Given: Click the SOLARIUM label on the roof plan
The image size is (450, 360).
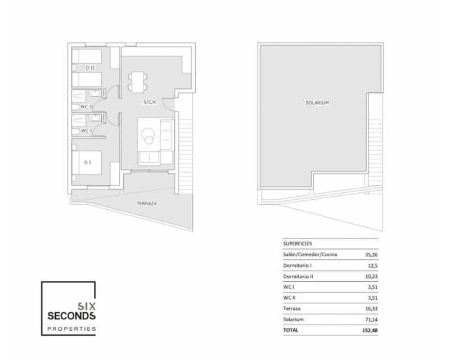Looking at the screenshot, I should [317, 103].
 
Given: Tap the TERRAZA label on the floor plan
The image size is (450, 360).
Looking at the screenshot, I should [146, 203].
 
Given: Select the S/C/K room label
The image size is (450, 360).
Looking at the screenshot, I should [149, 102].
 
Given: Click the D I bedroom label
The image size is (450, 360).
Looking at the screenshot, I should [88, 163].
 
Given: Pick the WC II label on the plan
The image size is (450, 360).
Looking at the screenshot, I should [87, 106].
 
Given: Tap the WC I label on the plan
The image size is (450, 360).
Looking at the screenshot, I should [85, 130].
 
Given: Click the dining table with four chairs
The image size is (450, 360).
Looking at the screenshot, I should [137, 82].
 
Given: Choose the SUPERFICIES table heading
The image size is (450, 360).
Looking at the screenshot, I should [298, 244].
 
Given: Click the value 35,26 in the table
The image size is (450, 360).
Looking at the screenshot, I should [372, 255].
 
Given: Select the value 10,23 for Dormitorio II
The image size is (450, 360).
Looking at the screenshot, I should [372, 276].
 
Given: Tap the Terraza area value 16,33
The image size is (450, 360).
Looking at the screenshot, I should [372, 309].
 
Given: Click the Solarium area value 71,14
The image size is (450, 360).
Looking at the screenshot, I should [372, 319].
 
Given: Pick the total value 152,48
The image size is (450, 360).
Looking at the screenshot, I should [371, 331].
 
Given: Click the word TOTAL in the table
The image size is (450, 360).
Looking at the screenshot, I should [291, 331].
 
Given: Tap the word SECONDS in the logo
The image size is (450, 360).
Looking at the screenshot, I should [71, 316].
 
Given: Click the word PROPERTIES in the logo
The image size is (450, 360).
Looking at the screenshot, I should [71, 328].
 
